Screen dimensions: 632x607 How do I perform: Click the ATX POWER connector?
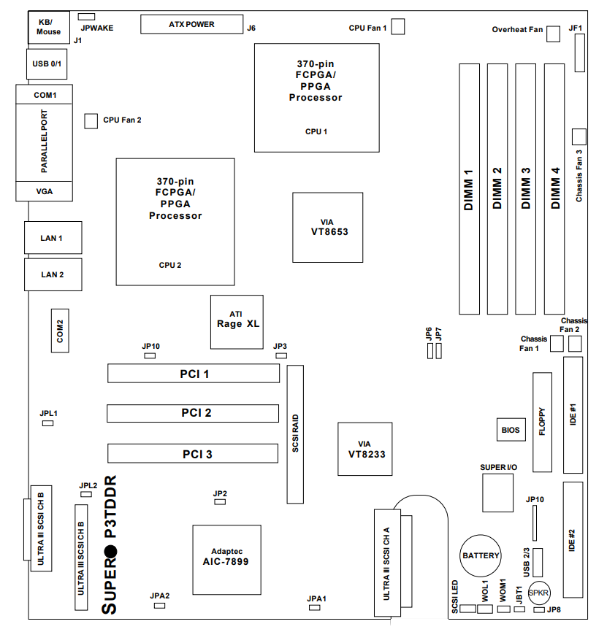191,24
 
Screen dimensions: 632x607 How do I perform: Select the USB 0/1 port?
48,64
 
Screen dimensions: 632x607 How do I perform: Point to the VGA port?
44,191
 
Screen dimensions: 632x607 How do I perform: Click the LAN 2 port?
52,274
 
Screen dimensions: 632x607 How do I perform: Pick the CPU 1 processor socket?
316,97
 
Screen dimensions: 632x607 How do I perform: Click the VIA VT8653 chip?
327,227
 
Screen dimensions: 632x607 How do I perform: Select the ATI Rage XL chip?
237,319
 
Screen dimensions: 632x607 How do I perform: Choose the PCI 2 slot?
193,413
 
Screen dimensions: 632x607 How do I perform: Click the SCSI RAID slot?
295,434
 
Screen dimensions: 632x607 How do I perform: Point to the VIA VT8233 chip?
364,449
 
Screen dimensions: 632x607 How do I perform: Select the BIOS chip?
511,430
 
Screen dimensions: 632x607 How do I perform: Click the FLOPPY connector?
543,422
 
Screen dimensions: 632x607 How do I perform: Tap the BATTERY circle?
481,556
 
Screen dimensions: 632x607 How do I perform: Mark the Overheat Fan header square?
554,33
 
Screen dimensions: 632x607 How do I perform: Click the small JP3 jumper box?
280,355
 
